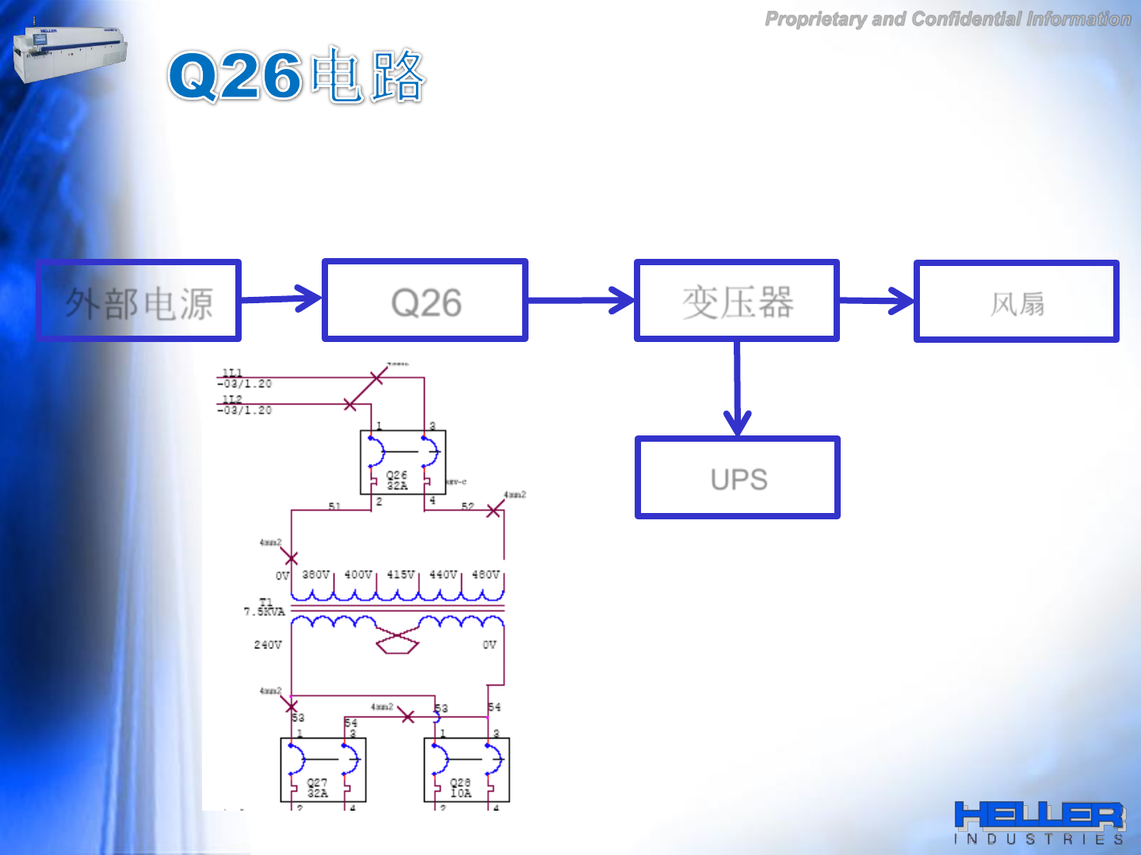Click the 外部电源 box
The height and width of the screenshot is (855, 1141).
[139, 301]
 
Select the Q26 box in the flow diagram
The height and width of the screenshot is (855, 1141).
[425, 301]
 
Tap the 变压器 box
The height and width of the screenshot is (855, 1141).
[737, 301]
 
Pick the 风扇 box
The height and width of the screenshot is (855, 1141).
[1017, 301]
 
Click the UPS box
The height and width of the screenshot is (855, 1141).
[738, 477]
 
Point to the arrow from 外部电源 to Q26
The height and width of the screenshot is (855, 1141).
[281, 298]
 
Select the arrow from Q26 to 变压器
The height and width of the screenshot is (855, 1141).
[581, 300]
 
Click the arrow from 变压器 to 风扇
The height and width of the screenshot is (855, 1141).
[876, 300]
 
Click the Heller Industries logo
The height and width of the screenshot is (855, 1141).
[1040, 822]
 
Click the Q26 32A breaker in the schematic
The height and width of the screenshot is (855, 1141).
[403, 462]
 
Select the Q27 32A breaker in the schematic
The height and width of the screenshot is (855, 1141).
[323, 769]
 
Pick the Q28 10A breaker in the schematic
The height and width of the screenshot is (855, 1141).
[467, 769]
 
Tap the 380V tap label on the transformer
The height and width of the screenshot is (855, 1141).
[315, 574]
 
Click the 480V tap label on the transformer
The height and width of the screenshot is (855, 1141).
[486, 574]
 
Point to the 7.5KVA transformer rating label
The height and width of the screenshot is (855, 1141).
[264, 611]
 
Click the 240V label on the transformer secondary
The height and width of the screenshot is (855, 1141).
[268, 644]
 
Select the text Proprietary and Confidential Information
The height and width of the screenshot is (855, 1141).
[948, 19]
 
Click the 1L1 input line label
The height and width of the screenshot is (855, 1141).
[232, 373]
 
